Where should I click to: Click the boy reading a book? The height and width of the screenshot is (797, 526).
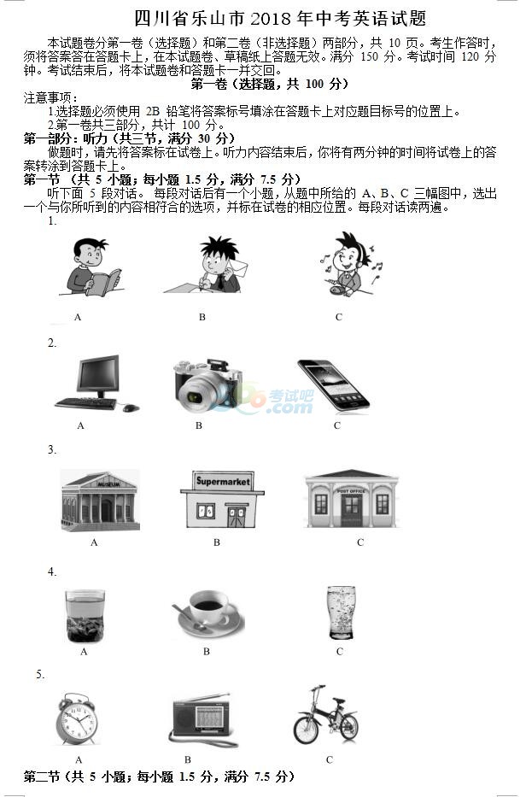tap(91, 267)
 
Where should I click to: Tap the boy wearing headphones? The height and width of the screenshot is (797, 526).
tap(349, 264)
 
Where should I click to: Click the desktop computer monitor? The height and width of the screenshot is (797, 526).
tap(98, 374)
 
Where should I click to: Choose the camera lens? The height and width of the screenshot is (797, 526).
tap(196, 396)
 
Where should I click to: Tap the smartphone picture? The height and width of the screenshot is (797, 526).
tap(333, 384)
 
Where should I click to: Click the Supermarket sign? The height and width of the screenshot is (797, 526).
tap(223, 481)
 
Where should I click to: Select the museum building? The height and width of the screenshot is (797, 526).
tap(100, 501)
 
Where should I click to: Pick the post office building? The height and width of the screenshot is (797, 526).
tap(351, 499)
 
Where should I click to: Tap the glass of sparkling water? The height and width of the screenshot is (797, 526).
tap(341, 612)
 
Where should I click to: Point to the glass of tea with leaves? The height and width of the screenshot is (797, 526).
tap(85, 616)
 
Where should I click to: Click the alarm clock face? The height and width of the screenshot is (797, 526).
tap(78, 719)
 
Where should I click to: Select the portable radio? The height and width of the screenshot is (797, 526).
tap(202, 718)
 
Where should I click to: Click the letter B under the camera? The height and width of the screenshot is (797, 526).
tap(199, 425)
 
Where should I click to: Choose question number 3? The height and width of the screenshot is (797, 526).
tap(52, 450)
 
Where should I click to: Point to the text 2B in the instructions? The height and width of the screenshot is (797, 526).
tap(153, 111)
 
